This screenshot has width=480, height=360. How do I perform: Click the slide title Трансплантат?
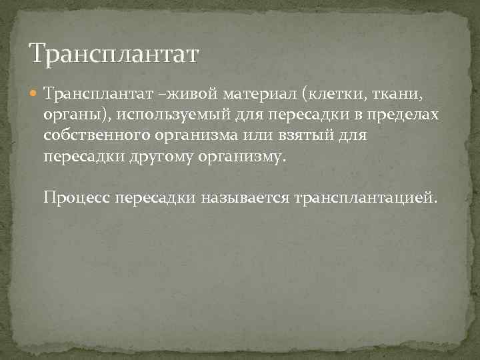pos(113,53)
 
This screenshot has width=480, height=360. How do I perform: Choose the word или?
pos(265,136)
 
